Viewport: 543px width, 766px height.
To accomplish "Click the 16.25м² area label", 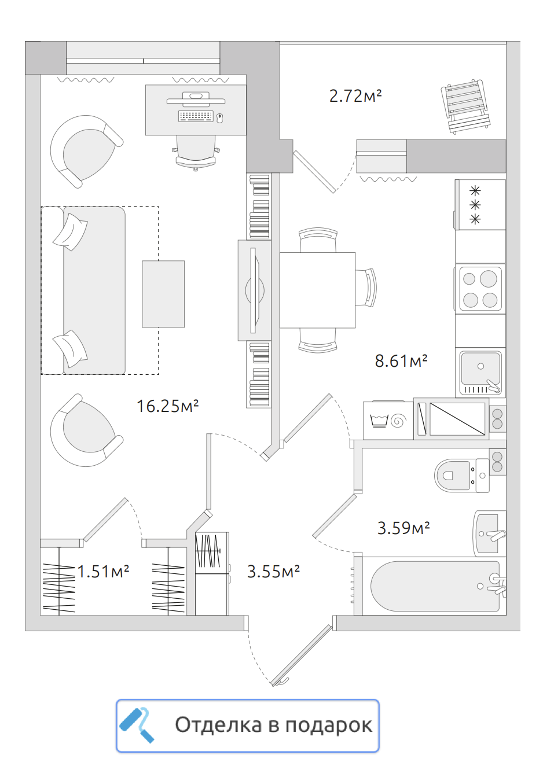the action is pyautogui.click(x=168, y=406).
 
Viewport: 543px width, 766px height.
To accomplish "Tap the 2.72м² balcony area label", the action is pyautogui.click(x=355, y=95).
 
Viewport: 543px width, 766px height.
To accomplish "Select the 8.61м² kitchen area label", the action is pyautogui.click(x=401, y=361).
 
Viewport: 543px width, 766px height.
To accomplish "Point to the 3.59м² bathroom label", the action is pyautogui.click(x=403, y=528).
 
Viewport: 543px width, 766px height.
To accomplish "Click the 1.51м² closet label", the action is pyautogui.click(x=103, y=572).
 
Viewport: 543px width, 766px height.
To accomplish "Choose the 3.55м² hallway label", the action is pyautogui.click(x=273, y=572).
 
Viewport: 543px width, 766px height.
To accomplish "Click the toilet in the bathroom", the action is pyautogui.click(x=463, y=476).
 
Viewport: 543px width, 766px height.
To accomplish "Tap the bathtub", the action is pyautogui.click(x=435, y=586).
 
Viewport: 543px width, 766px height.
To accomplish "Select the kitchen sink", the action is pyautogui.click(x=480, y=373).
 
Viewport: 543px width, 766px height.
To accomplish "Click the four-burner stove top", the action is pyautogui.click(x=480, y=289).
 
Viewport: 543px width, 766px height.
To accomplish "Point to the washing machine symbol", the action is pyautogui.click(x=388, y=420).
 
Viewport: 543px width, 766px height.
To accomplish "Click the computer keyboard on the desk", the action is pyautogui.click(x=195, y=116).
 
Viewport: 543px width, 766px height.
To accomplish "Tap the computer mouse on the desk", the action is pyautogui.click(x=219, y=118).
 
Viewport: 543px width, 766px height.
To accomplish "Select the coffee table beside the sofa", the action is pyautogui.click(x=163, y=294).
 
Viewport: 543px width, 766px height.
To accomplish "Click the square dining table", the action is pyautogui.click(x=317, y=290).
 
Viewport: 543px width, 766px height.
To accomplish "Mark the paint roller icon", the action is pyautogui.click(x=137, y=725).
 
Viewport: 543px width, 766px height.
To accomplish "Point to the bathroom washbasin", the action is pyautogui.click(x=490, y=534).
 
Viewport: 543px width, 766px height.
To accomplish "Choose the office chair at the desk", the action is pyautogui.click(x=196, y=153).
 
